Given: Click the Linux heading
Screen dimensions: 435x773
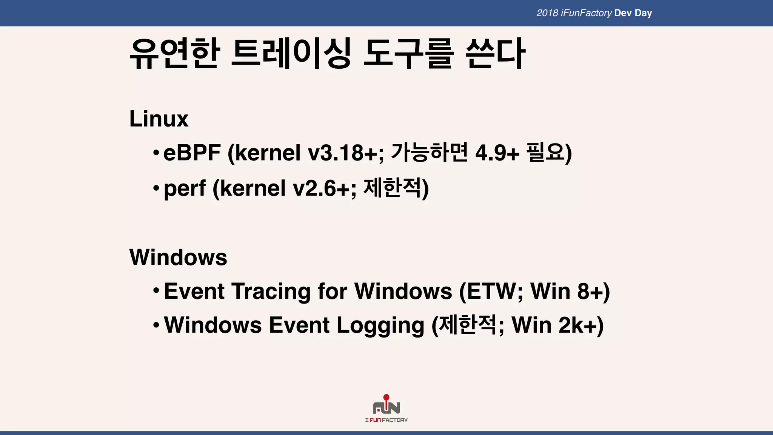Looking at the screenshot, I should click(x=159, y=119).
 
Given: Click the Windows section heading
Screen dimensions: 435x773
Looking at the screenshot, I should click(x=178, y=258).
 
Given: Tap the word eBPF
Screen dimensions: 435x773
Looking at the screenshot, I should click(x=192, y=153).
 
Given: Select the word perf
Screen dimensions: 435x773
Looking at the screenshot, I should click(x=185, y=188).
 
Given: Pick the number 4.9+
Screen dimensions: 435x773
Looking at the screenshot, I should click(x=497, y=153).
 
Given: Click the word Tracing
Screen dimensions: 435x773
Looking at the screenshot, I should click(x=271, y=292).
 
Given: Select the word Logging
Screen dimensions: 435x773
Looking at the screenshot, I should click(x=380, y=325).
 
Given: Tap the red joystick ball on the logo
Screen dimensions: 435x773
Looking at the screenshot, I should click(x=386, y=397).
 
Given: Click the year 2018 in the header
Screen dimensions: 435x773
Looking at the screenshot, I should click(x=547, y=13).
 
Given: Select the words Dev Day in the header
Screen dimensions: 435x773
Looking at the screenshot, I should click(x=633, y=13).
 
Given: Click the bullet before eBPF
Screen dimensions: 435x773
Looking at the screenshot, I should click(x=156, y=153).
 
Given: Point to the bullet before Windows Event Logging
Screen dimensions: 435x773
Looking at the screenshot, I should click(x=156, y=325).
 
